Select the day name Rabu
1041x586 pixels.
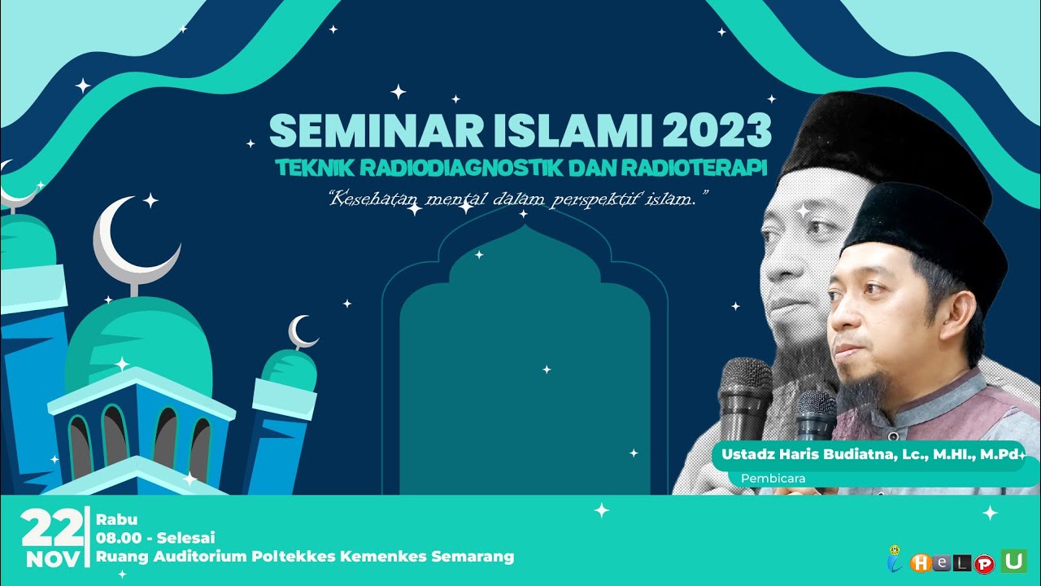(x=117, y=519)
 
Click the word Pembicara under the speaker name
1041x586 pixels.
(x=773, y=479)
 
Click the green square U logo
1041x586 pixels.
(x=1013, y=561)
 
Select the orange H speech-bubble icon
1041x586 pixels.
(x=921, y=562)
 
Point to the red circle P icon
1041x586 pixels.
(x=984, y=563)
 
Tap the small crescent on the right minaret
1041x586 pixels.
(x=301, y=331)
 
